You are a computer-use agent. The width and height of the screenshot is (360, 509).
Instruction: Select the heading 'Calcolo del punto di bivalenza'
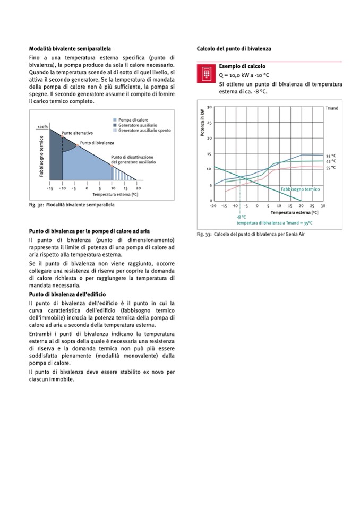[234, 48]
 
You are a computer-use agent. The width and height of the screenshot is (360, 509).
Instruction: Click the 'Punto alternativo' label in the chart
[78, 133]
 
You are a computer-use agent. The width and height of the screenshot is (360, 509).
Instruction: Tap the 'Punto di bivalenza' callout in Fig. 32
[97, 143]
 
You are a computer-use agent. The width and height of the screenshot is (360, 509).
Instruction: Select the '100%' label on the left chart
[42, 127]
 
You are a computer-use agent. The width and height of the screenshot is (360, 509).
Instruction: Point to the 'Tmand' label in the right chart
[332, 108]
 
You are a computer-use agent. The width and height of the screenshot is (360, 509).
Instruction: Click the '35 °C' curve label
[331, 156]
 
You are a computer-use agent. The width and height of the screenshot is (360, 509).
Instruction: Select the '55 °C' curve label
[331, 167]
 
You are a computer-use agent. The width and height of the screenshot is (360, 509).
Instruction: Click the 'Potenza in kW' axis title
[202, 123]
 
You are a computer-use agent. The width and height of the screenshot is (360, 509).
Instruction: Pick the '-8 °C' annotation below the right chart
[242, 217]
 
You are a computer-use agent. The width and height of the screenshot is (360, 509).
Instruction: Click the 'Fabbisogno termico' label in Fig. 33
[300, 188]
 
